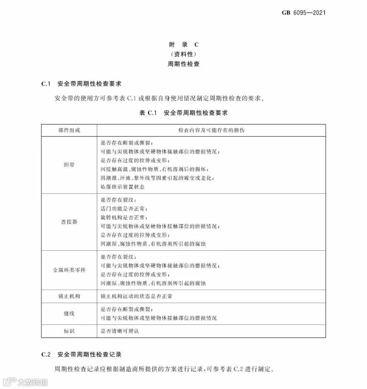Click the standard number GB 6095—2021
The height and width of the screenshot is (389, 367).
coord(303,13)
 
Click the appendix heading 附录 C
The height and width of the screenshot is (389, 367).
coord(183,45)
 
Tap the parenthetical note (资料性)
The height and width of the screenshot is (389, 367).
coord(183,54)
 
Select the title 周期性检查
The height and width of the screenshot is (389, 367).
coord(183,64)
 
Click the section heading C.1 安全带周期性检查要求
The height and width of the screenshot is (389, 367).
coord(81,84)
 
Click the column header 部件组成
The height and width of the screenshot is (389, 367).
coord(69,130)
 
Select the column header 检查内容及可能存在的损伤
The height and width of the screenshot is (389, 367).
coord(211,130)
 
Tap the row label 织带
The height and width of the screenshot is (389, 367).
coord(69,165)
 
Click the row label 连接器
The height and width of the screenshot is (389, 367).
coord(69,222)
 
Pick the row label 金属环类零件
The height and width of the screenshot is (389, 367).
coord(69,270)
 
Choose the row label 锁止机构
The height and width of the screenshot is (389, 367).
coord(69,296)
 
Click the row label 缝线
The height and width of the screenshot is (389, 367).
coord(69,314)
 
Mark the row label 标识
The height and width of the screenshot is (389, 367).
coord(69,331)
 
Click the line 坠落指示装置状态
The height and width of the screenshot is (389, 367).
coord(123,187)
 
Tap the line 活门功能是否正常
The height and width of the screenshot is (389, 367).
coord(124,208)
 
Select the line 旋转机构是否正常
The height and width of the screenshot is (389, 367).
coord(124,217)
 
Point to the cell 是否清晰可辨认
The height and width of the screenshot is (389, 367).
coord(120,331)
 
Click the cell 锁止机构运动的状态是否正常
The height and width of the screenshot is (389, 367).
coord(137,296)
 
